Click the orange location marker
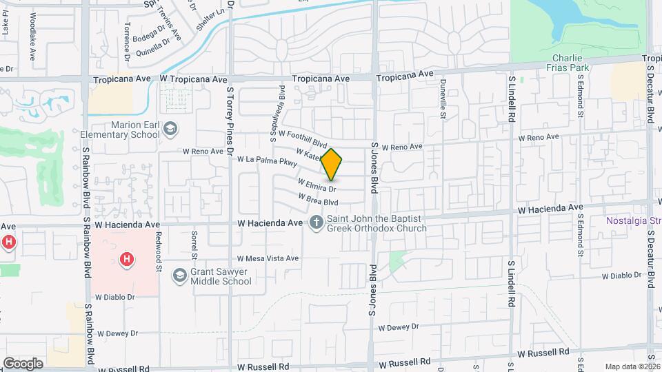pyautogui.click(x=332, y=164)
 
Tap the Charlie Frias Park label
pyautogui.click(x=570, y=63)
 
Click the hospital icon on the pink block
pyautogui.click(x=126, y=260)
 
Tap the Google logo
pyautogui.click(x=23, y=363)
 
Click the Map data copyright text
pyautogui.click(x=632, y=366)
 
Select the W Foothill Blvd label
pyautogui.click(x=301, y=138)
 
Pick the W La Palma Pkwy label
pyautogui.click(x=267, y=161)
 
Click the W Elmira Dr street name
pyautogui.click(x=317, y=185)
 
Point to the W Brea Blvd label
pyautogui.click(x=318, y=199)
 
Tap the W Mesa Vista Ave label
pyautogui.click(x=268, y=258)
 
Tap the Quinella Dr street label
pyautogui.click(x=153, y=44)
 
